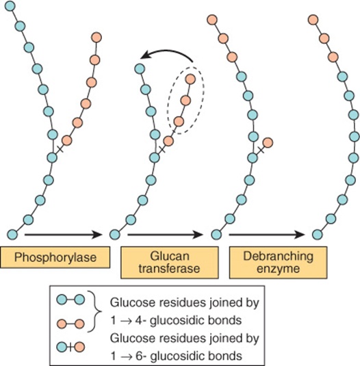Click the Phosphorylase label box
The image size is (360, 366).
point(55,257)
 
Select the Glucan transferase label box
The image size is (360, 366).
point(170,263)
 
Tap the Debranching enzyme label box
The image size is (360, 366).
point(278,263)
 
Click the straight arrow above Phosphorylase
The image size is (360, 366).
point(64,235)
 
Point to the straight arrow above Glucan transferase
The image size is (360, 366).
point(165,235)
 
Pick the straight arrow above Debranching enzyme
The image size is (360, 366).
point(267,235)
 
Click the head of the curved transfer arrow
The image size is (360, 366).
point(145,55)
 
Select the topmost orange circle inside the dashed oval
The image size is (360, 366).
point(190,79)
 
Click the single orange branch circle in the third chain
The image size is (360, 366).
point(268,142)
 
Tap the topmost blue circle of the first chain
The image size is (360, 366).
point(10,6)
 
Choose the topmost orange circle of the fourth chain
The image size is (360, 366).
point(313,20)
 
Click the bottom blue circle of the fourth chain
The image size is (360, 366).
point(318,235)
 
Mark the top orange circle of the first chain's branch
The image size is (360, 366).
point(97,38)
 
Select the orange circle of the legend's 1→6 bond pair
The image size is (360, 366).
point(79,347)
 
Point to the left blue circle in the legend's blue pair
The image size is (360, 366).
point(62,300)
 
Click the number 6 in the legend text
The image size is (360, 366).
point(138,356)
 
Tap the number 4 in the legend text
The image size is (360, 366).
point(138,320)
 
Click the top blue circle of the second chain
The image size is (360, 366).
point(140,69)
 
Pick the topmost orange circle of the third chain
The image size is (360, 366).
point(212,20)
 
